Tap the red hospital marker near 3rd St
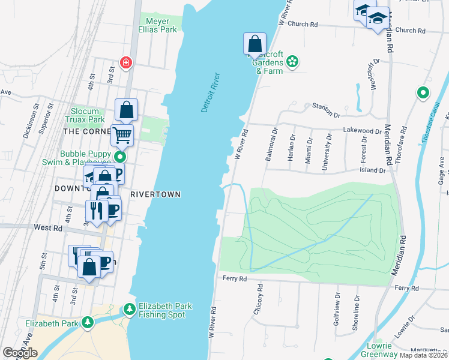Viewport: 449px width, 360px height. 125,62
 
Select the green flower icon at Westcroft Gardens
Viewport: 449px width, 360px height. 292,61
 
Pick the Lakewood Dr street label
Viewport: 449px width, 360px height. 363,130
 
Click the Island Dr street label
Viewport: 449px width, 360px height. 373,170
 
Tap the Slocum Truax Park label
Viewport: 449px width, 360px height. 88,115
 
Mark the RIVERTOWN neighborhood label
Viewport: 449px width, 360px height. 155,195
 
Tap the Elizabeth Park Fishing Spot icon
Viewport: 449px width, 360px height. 129,310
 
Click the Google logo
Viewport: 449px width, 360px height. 20,353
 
